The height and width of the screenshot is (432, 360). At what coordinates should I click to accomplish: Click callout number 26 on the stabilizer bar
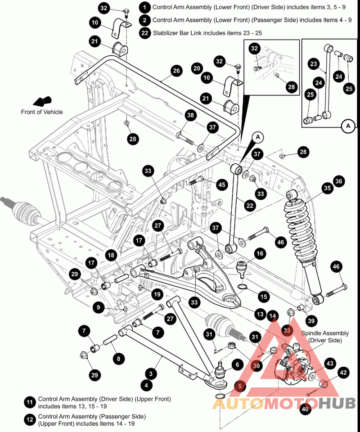coord(176,71)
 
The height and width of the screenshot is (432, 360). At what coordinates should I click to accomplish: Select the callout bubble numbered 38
coord(191,116)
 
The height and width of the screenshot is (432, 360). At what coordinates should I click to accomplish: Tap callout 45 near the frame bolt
coord(221,184)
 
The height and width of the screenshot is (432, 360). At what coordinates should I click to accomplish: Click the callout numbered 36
coord(338,181)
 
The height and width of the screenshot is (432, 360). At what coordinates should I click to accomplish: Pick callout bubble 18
coord(111,255)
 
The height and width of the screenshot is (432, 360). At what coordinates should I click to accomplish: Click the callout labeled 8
coord(118,359)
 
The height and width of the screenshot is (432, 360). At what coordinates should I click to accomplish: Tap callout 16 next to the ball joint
coord(260,253)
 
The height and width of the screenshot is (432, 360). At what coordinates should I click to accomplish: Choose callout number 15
coord(263,296)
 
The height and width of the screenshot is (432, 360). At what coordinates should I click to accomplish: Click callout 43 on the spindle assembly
coord(330,364)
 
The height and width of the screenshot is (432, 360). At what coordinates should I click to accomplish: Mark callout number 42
coord(343,373)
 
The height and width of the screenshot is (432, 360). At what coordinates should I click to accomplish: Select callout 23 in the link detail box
coord(313,64)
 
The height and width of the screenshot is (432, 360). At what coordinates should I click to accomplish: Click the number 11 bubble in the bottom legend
coord(30,402)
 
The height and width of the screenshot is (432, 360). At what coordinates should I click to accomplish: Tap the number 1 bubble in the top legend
coord(144,7)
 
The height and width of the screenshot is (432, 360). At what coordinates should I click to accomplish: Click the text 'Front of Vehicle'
coord(42,112)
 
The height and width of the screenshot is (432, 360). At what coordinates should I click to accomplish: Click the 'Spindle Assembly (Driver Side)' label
coord(325,337)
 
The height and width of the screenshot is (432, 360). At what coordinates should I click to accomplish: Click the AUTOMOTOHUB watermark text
coord(283,404)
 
